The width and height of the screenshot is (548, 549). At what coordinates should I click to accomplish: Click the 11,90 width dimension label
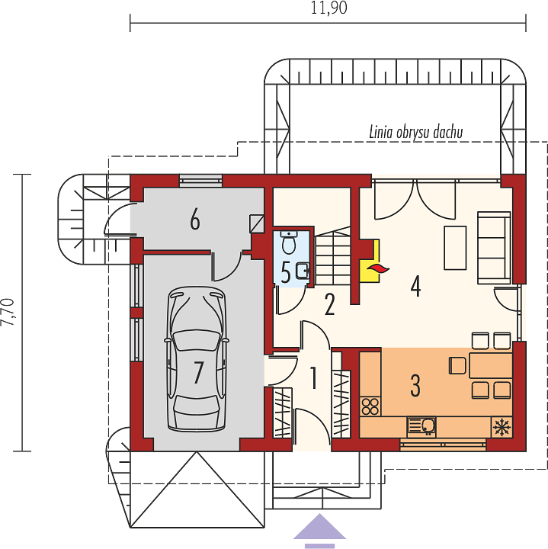click(328, 8)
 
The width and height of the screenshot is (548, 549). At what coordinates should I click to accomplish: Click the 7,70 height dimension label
click(8, 313)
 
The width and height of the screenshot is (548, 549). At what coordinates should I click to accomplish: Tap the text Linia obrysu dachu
click(416, 133)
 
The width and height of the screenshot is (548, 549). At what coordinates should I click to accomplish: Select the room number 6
click(195, 220)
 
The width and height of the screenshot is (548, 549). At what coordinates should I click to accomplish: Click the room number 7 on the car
click(198, 373)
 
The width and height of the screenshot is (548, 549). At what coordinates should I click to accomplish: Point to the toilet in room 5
click(289, 242)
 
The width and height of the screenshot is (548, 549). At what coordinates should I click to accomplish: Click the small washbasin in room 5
click(303, 271)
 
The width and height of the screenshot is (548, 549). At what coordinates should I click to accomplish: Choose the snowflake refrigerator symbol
click(502, 427)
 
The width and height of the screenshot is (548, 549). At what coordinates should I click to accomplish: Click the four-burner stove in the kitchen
click(370, 406)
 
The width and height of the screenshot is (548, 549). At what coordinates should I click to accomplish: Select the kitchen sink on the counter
click(421, 427)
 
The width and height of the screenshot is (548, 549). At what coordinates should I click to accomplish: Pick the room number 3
click(415, 386)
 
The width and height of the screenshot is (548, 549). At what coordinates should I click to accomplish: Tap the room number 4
click(415, 286)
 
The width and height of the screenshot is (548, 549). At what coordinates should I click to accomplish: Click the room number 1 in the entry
click(313, 377)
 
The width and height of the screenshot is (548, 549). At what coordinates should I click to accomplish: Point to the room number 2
click(330, 304)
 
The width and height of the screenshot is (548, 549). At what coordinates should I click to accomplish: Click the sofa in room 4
click(494, 248)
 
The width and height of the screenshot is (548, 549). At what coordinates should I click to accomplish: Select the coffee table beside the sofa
click(455, 248)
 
